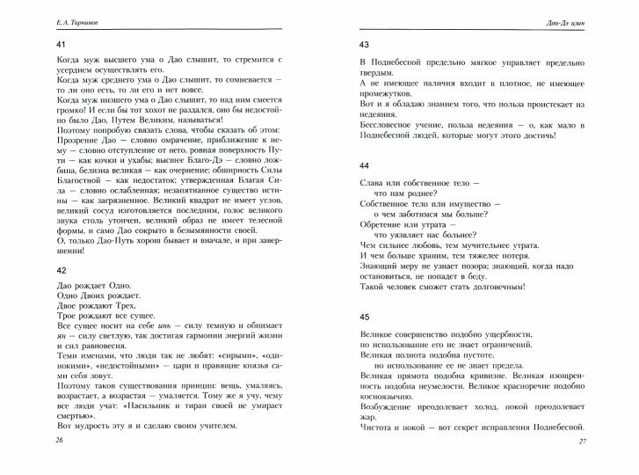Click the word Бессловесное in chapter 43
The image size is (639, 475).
pyautogui.click(x=388, y=125)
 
